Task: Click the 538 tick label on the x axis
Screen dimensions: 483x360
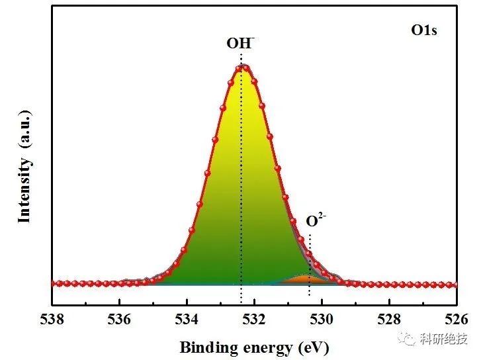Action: (52, 320)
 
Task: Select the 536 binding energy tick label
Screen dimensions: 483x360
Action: (119, 320)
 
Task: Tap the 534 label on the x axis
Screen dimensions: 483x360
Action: (187, 320)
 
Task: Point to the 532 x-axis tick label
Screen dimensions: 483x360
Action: (254, 320)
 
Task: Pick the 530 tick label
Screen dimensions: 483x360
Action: (322, 320)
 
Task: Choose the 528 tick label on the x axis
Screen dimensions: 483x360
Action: (389, 320)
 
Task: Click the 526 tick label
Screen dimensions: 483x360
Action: (457, 320)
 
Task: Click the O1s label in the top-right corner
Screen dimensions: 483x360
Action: (424, 30)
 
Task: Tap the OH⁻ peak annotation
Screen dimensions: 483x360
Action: (241, 43)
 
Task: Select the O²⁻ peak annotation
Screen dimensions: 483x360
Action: (316, 220)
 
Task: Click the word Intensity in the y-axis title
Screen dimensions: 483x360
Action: (24, 190)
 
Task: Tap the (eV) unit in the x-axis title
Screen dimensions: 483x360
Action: (313, 348)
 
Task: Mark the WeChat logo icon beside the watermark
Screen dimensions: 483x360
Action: (406, 339)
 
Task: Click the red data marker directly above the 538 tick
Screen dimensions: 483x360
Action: (54, 284)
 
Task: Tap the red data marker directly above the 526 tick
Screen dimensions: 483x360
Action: (455, 285)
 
